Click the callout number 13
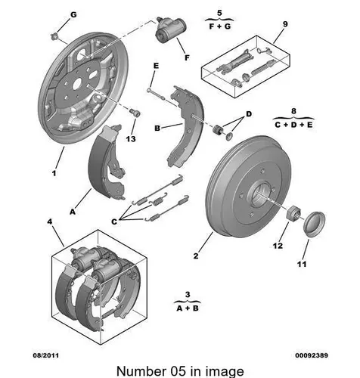click(x=131, y=139)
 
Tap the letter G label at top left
click(x=73, y=15)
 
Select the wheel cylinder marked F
click(x=170, y=29)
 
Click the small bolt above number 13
click(x=135, y=113)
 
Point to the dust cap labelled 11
click(x=314, y=225)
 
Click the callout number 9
click(x=285, y=24)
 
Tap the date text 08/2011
click(x=46, y=355)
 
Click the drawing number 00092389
click(x=312, y=355)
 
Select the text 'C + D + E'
click(x=293, y=125)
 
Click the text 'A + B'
click(x=188, y=308)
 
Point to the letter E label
click(x=157, y=66)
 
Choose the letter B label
click(x=157, y=129)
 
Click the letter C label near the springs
click(x=114, y=222)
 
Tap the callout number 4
click(x=50, y=222)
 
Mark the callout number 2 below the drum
click(x=196, y=256)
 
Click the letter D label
click(x=249, y=114)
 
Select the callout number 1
click(x=54, y=173)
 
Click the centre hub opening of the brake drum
click(x=260, y=194)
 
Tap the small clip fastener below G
click(x=54, y=36)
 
